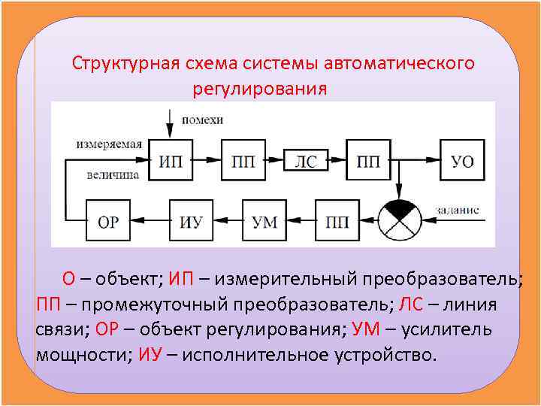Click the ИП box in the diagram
pyautogui.click(x=170, y=161)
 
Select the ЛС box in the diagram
pyautogui.click(x=305, y=161)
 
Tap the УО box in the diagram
pyautogui.click(x=462, y=161)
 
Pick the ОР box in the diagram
pyautogui.click(x=108, y=222)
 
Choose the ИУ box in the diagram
pyautogui.click(x=191, y=222)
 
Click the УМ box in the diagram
pyautogui.click(x=264, y=222)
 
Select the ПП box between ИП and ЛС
pyautogui.click(x=243, y=161)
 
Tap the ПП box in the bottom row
pyautogui.click(x=337, y=222)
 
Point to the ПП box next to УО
pyautogui.click(x=368, y=161)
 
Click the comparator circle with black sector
pyautogui.click(x=400, y=220)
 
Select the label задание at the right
pyautogui.click(x=455, y=211)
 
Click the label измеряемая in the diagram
pyautogui.click(x=109, y=143)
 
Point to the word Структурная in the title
pyautogui.click(x=125, y=62)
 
